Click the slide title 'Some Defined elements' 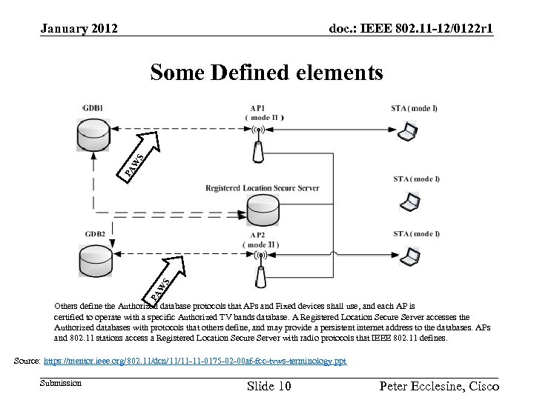[266, 73]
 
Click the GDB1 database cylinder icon [93, 136]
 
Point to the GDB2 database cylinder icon [93, 260]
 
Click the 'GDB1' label [93, 108]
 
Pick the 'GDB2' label [94, 234]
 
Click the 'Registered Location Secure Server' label [263, 188]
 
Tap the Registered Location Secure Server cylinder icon [262, 212]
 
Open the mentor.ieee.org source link [195, 361]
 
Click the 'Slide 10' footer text [268, 387]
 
